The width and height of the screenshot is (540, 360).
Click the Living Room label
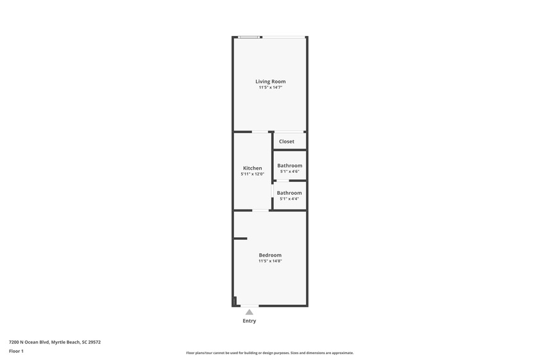pos(270,82)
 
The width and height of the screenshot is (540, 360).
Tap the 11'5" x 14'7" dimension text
pos(270,87)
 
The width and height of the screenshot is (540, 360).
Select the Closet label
pos(287,141)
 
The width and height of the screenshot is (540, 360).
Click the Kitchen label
pos(252,168)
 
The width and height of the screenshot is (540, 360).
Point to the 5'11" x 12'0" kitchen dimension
pos(252,174)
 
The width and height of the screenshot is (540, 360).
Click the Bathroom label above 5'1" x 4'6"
pos(289,166)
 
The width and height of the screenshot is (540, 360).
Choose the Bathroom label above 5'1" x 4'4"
pos(289,193)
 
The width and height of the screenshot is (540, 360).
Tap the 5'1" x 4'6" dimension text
pos(289,172)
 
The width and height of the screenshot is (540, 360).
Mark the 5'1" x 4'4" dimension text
pos(289,199)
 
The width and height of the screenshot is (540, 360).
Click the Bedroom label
pos(270,255)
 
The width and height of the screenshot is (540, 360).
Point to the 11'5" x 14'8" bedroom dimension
pos(270,261)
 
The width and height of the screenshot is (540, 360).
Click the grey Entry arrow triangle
pos(249,312)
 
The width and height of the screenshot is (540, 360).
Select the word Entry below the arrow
pos(249,321)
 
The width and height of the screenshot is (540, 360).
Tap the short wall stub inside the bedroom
pos(240,239)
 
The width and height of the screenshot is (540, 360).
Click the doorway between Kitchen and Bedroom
pos(260,210)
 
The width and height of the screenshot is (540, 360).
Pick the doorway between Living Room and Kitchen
pos(260,132)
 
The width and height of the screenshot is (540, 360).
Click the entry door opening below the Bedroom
pos(249,306)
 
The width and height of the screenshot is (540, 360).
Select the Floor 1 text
pos(16,351)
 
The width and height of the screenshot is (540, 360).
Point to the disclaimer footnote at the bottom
pos(270,353)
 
